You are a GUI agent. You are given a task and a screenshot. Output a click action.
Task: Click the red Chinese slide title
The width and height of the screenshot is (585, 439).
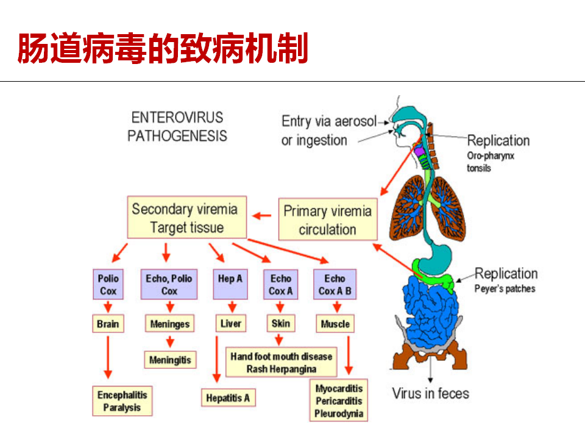(x=163, y=48)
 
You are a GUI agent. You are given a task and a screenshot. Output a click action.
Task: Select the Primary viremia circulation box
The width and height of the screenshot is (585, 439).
(x=328, y=219)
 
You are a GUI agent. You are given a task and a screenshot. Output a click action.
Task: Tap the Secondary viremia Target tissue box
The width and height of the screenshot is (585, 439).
(x=186, y=217)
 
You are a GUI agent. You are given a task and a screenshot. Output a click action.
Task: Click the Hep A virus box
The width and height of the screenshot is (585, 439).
(x=230, y=284)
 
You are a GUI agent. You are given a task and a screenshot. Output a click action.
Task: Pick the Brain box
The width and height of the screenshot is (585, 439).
(x=108, y=324)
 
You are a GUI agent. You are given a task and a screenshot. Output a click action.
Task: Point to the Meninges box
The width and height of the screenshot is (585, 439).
(x=170, y=324)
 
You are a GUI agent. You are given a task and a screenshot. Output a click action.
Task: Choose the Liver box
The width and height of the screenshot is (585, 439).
(x=231, y=323)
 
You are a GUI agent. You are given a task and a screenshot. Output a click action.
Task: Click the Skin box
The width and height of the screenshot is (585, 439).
(x=281, y=323)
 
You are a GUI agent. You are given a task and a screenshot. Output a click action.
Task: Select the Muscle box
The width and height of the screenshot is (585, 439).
(x=335, y=324)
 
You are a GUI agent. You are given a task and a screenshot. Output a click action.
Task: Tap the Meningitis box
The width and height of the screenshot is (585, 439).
(x=170, y=360)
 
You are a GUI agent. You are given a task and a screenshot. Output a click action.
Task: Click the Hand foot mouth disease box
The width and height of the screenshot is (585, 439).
(x=282, y=362)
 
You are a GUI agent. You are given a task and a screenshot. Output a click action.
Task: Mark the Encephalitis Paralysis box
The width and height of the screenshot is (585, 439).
(x=122, y=401)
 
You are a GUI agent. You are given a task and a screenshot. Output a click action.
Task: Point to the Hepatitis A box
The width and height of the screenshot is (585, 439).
(x=228, y=398)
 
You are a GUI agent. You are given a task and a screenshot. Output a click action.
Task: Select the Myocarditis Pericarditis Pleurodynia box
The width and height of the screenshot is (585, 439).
(x=339, y=401)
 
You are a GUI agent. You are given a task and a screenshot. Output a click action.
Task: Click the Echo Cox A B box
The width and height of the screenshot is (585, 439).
(x=335, y=284)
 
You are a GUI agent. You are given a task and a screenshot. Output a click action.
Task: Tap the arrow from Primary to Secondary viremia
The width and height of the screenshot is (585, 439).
(x=262, y=216)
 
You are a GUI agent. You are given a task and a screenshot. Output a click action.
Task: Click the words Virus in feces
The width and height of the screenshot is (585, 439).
(x=430, y=393)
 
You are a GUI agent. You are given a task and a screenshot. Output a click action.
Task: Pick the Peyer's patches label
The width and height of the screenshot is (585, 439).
(x=505, y=288)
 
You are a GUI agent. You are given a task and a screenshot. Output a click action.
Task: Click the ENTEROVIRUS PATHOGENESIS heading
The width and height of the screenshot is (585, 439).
(x=177, y=127)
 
